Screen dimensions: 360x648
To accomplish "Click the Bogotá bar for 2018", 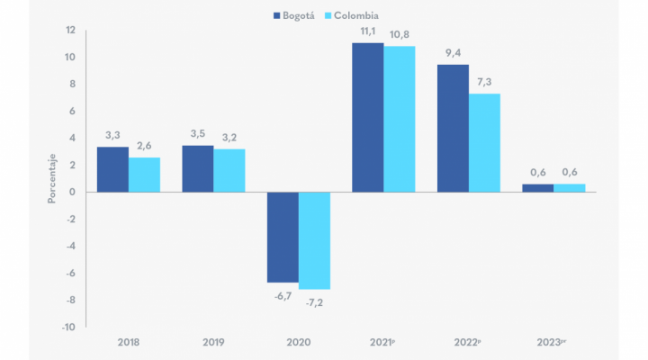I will [x=112, y=169].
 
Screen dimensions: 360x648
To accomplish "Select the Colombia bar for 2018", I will [x=144, y=175].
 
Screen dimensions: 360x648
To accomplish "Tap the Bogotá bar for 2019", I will [x=197, y=168].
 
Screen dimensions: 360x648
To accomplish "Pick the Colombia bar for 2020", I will [x=314, y=240].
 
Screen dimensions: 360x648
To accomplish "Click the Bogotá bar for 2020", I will [x=283, y=237].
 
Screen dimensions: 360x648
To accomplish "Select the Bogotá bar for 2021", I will [x=367, y=117].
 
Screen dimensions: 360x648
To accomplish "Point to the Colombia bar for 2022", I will [x=484, y=142].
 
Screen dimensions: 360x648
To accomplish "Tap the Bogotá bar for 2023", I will [x=537, y=188].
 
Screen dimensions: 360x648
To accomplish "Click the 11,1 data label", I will [x=367, y=31].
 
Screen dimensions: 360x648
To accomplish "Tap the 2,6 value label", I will [x=144, y=147].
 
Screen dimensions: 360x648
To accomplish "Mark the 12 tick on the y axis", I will [x=69, y=30].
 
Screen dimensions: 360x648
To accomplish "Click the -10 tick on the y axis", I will [x=67, y=327].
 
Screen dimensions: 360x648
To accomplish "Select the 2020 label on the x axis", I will [x=298, y=343].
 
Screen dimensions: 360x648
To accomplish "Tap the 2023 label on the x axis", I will [x=553, y=343].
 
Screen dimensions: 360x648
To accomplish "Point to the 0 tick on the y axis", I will [x=71, y=192].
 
